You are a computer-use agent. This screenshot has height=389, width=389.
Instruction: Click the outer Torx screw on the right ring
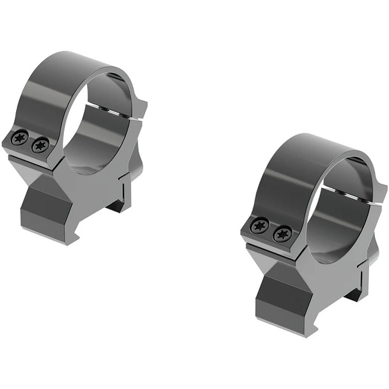point(260,225)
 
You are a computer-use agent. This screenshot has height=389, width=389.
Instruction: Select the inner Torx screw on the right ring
point(282,234)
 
